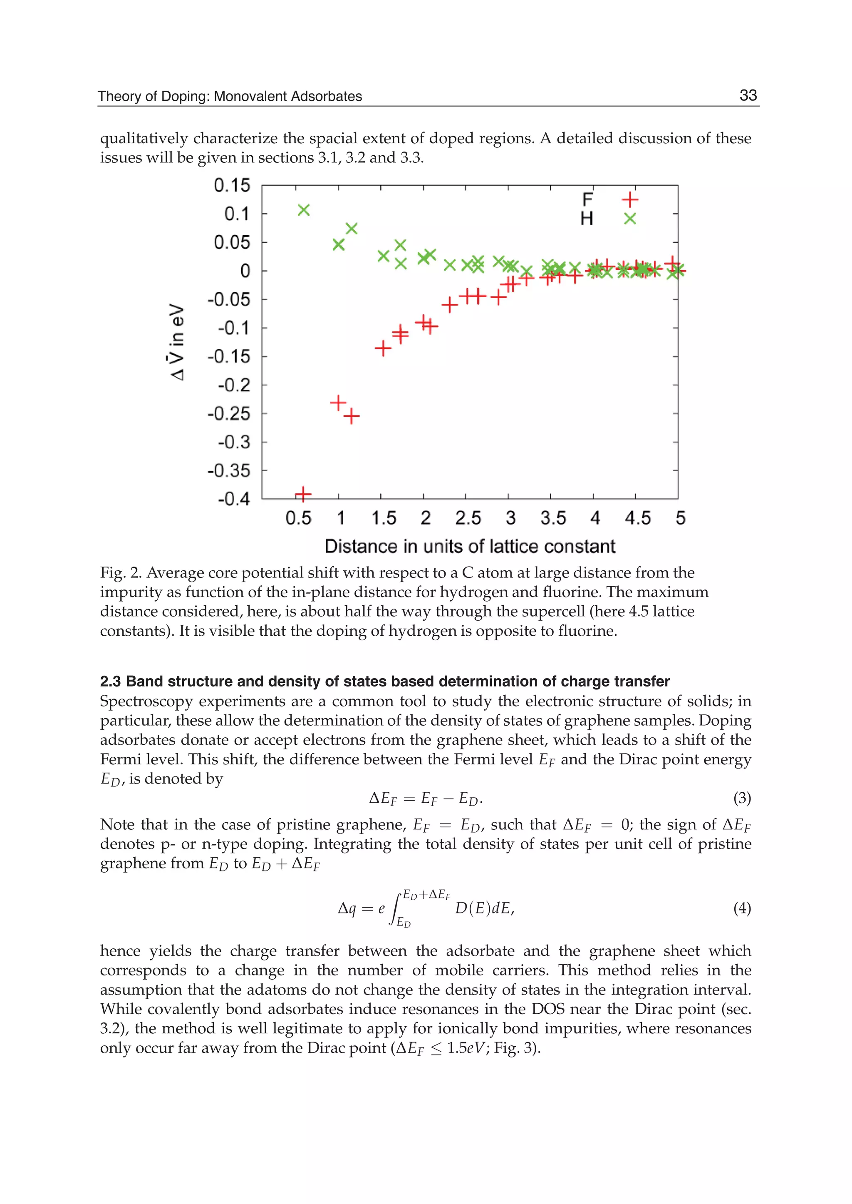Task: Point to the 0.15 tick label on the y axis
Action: tap(232, 185)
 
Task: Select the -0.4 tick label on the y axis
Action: tap(234, 498)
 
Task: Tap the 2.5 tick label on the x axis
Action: tap(468, 518)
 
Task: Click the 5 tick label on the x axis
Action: tap(680, 518)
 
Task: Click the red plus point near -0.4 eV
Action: tap(303, 494)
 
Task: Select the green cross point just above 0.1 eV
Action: tap(304, 210)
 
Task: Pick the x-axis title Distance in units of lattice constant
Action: tap(470, 547)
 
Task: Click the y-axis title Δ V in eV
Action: tap(177, 341)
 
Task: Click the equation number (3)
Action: tap(742, 798)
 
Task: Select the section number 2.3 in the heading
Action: tap(110, 682)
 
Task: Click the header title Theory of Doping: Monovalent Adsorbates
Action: tap(230, 96)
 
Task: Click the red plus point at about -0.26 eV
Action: tap(352, 416)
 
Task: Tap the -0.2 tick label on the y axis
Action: tap(234, 385)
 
